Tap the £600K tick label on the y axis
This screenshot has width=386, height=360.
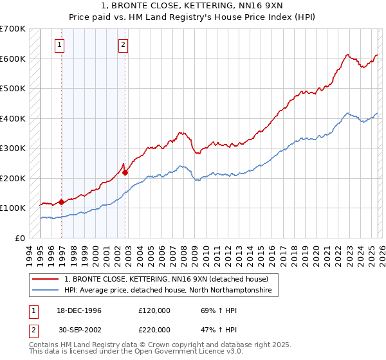(x=13, y=59)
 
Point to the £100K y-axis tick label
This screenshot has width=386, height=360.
(x=13, y=208)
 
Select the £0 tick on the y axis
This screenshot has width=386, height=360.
(x=20, y=238)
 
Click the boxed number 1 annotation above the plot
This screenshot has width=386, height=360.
(x=59, y=45)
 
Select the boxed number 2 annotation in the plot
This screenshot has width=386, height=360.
(x=123, y=45)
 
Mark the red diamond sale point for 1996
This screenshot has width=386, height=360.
(x=62, y=202)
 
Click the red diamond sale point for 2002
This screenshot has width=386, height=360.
(x=125, y=172)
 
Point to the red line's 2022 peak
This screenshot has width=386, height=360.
(x=347, y=55)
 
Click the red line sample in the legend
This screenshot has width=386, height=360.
(x=46, y=280)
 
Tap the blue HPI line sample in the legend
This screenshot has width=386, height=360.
(x=46, y=291)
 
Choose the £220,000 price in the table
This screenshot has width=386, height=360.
(x=154, y=329)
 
